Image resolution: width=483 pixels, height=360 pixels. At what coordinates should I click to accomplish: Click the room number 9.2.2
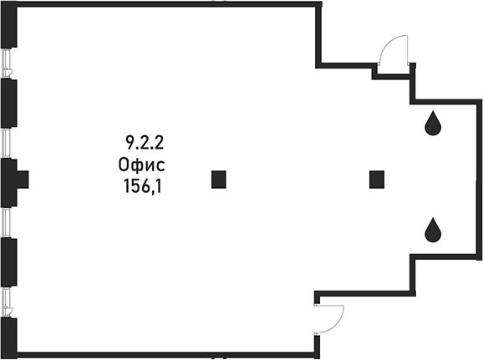145,143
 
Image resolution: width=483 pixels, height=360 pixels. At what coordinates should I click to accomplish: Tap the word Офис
142,165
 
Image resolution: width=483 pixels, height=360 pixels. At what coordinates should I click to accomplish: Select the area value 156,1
143,186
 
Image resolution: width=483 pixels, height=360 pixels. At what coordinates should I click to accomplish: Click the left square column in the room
219,180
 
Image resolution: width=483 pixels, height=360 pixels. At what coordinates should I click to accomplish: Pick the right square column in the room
377,180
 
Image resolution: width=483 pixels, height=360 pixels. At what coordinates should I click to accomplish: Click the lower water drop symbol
433,230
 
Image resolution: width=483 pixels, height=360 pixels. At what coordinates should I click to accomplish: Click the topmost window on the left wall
7,63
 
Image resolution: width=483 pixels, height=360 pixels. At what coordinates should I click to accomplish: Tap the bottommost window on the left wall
7,302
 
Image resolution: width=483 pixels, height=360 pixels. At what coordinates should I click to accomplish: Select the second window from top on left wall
6,143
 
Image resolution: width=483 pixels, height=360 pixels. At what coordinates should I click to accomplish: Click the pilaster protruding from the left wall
23,180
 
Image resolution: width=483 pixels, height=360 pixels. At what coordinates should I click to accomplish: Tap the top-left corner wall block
8,24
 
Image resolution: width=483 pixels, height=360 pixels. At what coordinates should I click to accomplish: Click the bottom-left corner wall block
8,337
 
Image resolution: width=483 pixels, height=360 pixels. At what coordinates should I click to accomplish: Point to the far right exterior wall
480,180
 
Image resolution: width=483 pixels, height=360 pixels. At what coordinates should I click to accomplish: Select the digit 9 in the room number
130,143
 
